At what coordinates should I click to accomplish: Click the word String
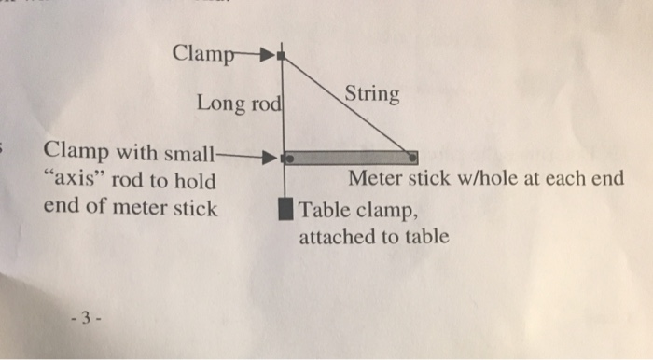point(372,94)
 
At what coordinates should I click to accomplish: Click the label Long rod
point(239,104)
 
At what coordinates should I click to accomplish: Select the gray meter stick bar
point(350,158)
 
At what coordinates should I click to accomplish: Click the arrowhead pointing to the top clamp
point(265,54)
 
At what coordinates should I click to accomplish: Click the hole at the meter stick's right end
point(411,158)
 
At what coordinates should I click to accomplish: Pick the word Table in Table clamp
point(323,209)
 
